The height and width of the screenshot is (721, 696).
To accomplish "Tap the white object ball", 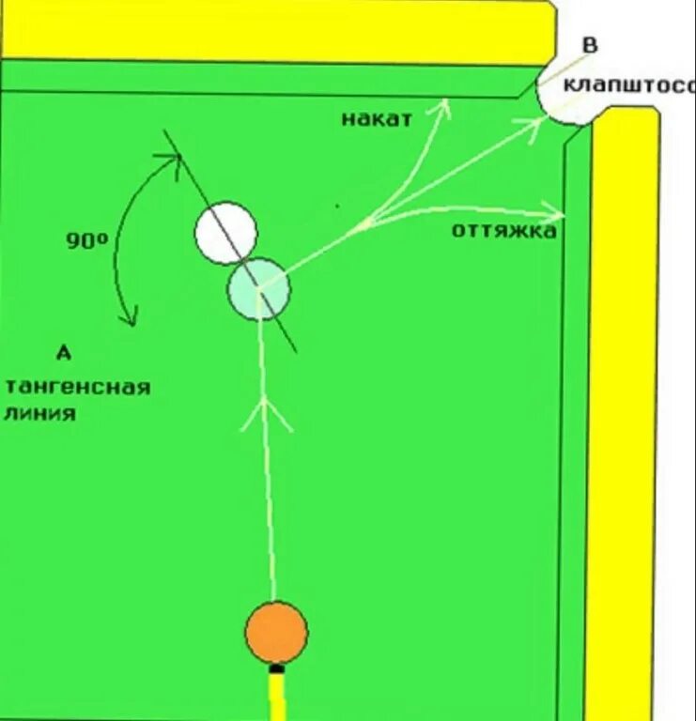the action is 225,233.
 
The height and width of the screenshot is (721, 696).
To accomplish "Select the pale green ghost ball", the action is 258,289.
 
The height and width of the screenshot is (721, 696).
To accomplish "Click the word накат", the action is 376,119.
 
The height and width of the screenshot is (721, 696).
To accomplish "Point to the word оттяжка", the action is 503,230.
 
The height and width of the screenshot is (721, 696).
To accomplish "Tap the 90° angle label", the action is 87,241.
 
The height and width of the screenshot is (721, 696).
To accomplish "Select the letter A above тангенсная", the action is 63,353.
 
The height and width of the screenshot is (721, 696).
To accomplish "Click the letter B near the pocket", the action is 590,45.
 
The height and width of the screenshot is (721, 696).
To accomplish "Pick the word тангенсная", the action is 77,387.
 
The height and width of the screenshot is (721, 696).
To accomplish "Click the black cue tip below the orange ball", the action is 276,669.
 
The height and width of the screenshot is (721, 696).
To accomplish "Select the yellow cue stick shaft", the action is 277,699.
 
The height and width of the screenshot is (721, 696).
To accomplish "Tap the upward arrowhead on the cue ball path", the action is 267,413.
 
